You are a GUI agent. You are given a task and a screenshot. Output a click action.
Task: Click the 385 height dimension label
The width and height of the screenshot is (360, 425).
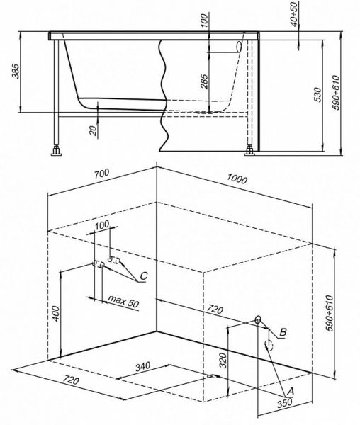click(16, 71)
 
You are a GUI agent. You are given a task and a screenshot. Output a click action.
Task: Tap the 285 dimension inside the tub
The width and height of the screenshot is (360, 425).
click(205, 81)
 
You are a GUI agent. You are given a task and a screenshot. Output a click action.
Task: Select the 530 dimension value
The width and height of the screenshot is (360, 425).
click(318, 95)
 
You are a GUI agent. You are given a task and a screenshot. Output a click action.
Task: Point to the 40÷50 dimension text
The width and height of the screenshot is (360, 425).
click(294, 13)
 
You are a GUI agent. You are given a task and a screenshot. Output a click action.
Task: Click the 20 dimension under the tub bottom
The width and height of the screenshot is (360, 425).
click(93, 130)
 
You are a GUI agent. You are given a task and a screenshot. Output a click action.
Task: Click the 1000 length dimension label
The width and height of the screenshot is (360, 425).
click(237, 178)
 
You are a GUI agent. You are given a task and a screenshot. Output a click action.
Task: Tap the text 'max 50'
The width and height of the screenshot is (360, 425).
click(123, 301)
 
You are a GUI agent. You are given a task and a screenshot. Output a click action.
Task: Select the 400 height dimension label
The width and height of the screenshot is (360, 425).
click(55, 313)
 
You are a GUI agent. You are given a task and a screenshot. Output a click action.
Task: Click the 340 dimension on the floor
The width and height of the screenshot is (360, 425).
click(142, 367)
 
